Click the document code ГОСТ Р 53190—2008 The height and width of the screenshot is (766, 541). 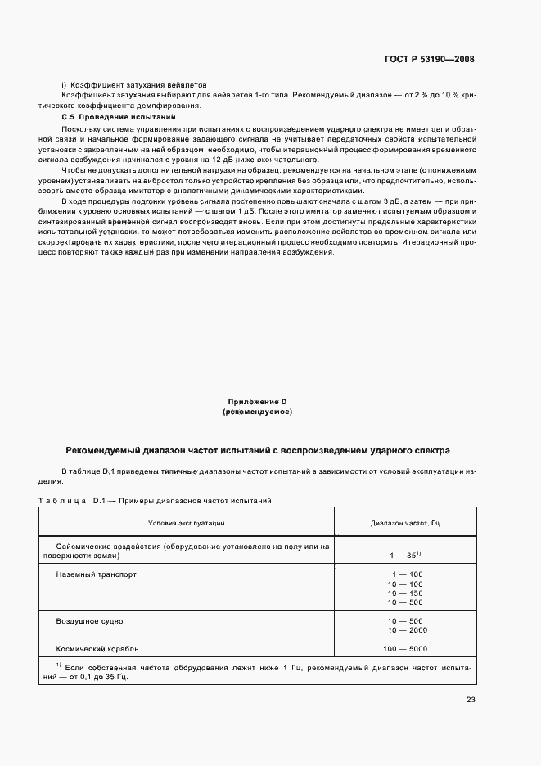[x=430, y=59]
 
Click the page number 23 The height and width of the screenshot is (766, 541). [x=470, y=700]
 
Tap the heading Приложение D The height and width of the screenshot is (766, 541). [x=257, y=402]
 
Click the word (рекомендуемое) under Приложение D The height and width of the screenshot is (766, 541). [x=257, y=412]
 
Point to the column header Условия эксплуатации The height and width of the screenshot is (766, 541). [x=186, y=521]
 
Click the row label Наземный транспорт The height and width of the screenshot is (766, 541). [x=97, y=574]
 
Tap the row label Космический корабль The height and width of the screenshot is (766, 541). [x=97, y=649]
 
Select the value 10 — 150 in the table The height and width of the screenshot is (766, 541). [x=406, y=593]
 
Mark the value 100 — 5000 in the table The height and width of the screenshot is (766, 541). [x=406, y=649]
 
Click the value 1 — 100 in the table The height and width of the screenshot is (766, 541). [x=406, y=574]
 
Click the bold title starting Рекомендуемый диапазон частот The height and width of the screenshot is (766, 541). [x=257, y=451]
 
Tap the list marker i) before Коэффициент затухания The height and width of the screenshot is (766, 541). [x=63, y=85]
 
